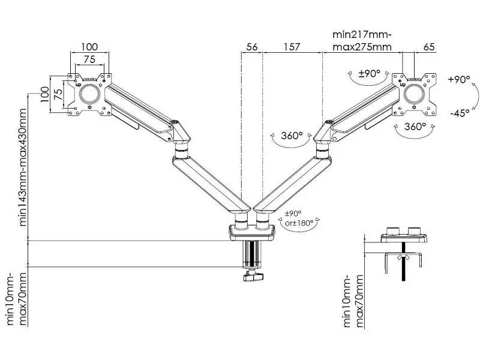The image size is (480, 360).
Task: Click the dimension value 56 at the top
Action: click(x=252, y=47)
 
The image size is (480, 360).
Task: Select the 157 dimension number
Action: click(x=292, y=47)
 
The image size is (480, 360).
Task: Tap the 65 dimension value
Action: click(x=429, y=47)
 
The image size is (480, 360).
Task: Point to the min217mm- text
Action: click(x=362, y=34)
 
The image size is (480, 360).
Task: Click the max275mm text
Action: click(x=362, y=47)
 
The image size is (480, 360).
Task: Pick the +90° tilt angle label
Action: click(x=459, y=79)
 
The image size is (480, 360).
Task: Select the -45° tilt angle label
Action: click(x=460, y=113)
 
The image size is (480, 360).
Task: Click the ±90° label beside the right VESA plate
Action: click(x=370, y=73)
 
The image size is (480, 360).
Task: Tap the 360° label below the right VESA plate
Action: click(x=415, y=126)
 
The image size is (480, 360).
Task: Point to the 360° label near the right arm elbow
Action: click(x=292, y=136)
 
